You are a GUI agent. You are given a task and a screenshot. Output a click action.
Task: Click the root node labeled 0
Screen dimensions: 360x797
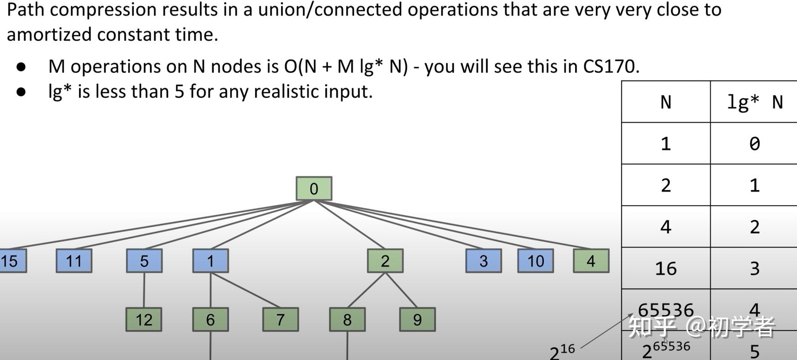314,188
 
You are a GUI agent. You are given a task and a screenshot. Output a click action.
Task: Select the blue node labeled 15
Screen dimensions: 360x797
12,261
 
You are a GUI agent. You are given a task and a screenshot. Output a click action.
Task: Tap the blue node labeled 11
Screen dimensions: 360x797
74,261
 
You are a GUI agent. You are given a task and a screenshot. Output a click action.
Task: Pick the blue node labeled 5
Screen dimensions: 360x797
144,261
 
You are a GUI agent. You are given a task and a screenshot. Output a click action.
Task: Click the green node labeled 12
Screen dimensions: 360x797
144,319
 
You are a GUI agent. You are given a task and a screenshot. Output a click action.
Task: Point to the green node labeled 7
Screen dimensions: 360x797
280,319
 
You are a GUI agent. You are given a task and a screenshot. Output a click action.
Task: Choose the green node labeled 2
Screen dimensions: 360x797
385,261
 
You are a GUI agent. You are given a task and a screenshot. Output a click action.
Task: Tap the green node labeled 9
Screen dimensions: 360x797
417,319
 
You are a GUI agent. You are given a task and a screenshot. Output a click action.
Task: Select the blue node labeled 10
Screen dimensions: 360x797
535,261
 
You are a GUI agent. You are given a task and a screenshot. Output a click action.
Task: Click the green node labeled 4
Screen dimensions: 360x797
591,261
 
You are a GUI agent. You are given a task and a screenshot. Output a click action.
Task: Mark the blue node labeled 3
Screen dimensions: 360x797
483,261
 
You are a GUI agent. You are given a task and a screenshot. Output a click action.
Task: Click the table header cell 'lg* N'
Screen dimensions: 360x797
754,102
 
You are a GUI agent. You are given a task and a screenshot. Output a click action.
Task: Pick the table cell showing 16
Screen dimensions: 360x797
666,268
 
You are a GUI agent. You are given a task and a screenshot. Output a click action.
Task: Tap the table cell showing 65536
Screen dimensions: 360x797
666,310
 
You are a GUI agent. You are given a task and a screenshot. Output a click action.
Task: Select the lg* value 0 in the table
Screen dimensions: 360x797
754,144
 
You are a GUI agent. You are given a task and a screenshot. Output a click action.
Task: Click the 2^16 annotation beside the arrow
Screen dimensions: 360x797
562,352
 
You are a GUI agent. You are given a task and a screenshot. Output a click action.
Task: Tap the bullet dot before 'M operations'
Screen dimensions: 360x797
21,67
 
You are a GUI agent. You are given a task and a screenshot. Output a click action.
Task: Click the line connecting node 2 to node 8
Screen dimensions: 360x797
367,290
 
